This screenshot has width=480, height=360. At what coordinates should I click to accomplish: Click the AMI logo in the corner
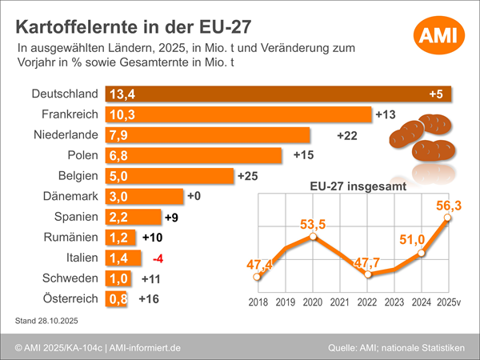435,34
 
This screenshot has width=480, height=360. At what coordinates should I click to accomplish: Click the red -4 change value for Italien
158,258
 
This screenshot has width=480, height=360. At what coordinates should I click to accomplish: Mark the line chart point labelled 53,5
313,237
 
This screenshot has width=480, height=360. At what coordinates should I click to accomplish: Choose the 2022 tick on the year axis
367,302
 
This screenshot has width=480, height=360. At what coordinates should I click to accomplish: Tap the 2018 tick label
258,302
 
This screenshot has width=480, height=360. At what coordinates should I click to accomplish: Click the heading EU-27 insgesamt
358,186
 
